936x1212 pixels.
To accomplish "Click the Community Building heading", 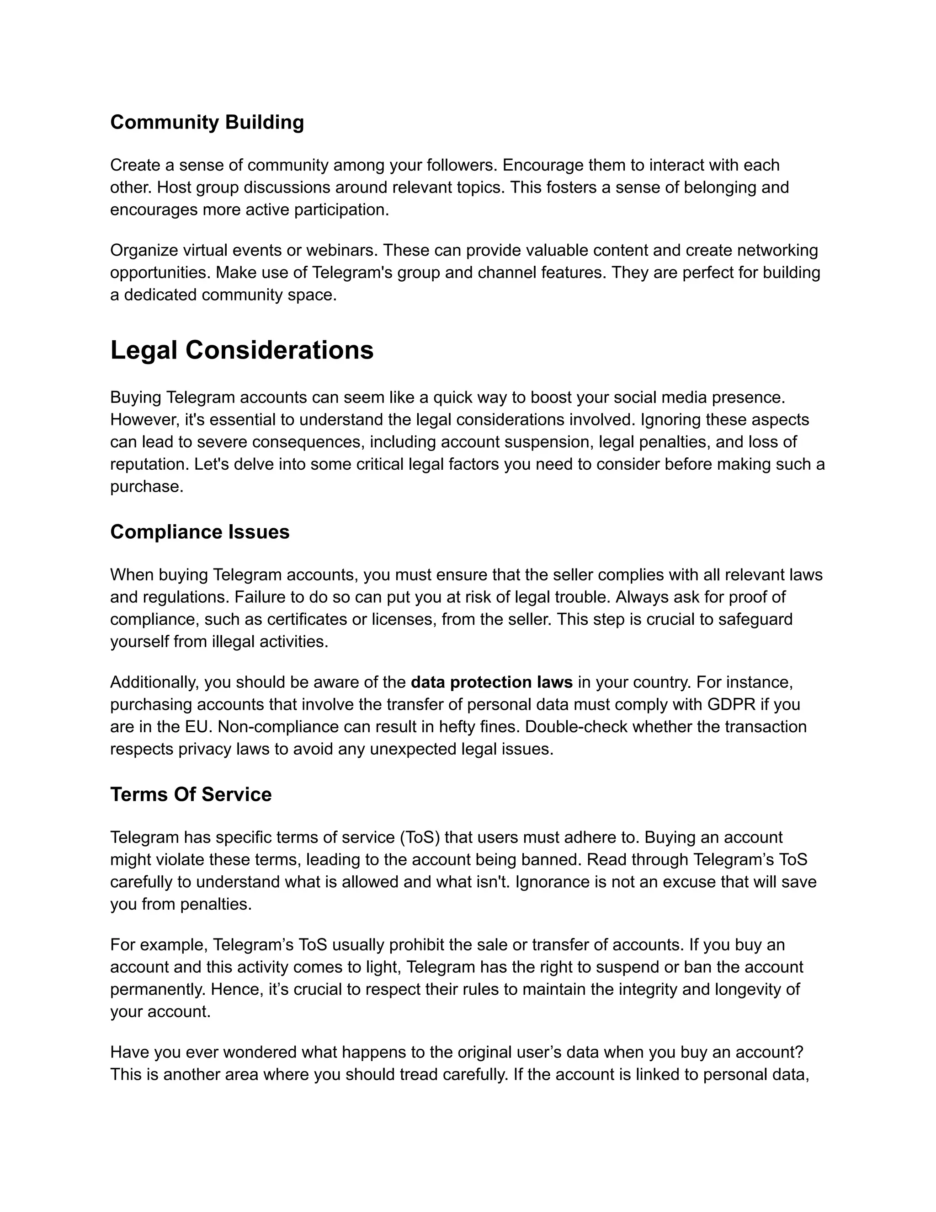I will click(207, 122).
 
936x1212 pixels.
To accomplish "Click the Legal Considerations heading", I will click(242, 350).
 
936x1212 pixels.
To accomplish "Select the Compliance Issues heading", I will click(200, 531).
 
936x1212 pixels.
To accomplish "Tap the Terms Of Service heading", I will click(191, 794).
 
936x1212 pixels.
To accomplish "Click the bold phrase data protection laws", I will click(491, 682).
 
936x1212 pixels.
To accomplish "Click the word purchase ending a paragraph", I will click(146, 487).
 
